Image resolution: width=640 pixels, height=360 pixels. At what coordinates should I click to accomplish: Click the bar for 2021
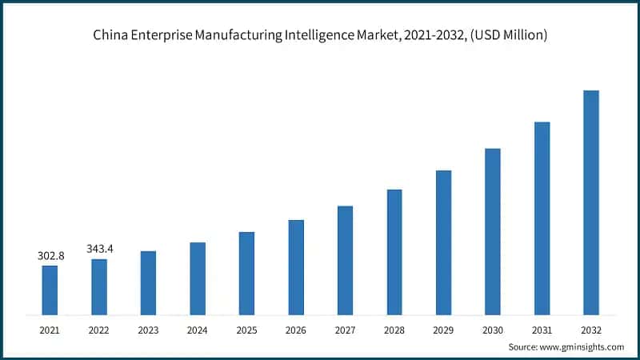coord(50,290)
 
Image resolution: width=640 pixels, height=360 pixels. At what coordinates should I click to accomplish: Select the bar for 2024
coord(198,278)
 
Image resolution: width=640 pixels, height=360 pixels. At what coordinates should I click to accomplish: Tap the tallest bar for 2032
coord(591,202)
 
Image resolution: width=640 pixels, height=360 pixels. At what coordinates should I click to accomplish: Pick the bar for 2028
coord(394,251)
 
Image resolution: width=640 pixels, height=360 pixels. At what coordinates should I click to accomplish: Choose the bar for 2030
coord(493,231)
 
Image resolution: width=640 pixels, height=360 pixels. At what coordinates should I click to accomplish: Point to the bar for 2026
coord(296,266)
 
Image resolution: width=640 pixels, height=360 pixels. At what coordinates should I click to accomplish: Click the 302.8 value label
coord(50,256)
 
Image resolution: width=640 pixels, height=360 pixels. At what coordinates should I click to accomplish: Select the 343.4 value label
coord(100,249)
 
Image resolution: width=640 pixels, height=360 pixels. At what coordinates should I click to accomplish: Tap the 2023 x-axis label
coord(148,330)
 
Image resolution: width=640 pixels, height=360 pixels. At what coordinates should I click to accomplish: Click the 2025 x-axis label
coord(246,330)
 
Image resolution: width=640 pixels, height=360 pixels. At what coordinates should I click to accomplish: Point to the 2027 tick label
coord(345,330)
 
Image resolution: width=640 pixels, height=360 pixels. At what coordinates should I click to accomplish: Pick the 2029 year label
coord(443,330)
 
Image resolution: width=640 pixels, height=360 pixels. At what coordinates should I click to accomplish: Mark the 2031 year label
coord(542,330)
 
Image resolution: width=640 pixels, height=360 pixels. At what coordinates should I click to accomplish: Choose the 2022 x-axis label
coord(99,330)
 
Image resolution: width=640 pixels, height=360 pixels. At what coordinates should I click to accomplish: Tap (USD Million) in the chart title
coord(508,35)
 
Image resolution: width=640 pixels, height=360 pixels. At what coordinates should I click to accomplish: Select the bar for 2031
coord(542,218)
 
